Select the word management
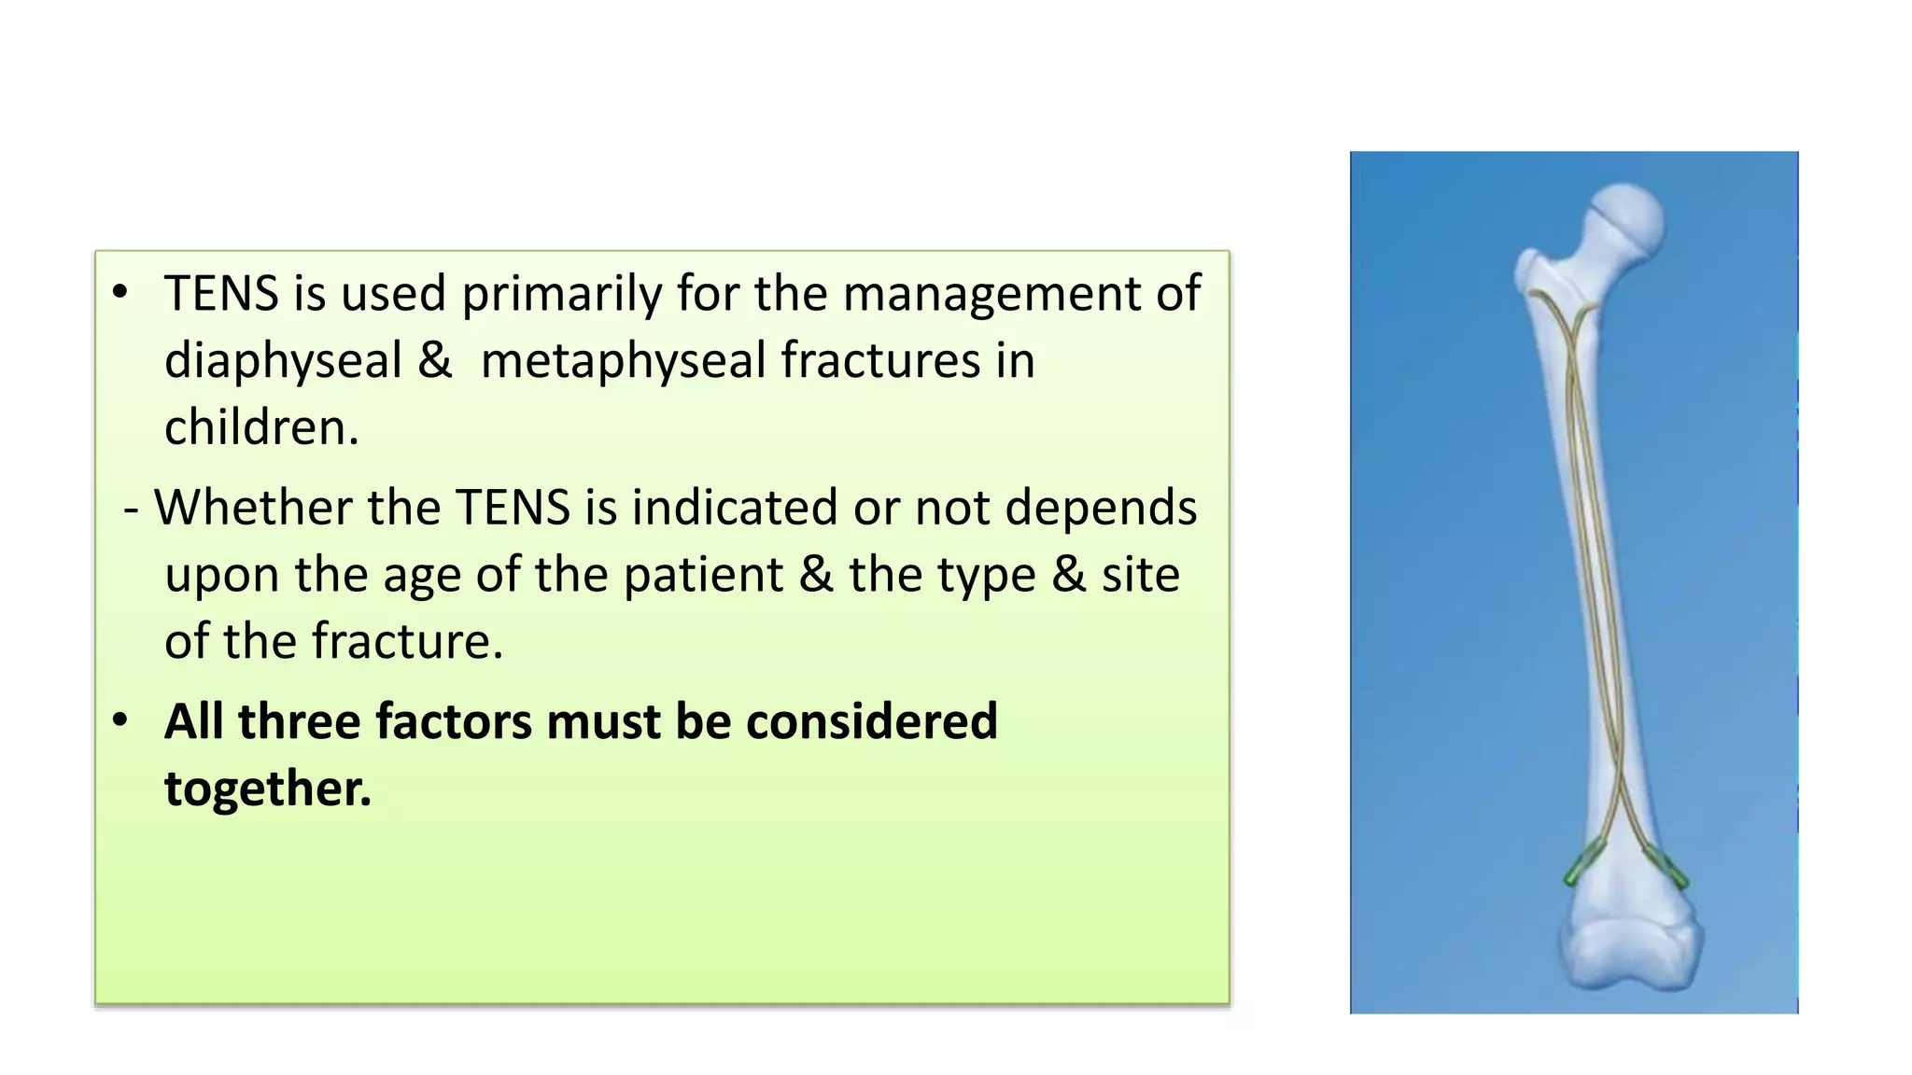(991, 295)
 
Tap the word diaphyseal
(282, 362)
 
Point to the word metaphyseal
(623, 362)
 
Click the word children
(260, 428)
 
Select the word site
(1140, 575)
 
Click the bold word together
(267, 789)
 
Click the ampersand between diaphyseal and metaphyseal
(434, 362)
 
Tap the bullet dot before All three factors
(119, 720)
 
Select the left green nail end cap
(1582, 862)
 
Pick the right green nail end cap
(1667, 868)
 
